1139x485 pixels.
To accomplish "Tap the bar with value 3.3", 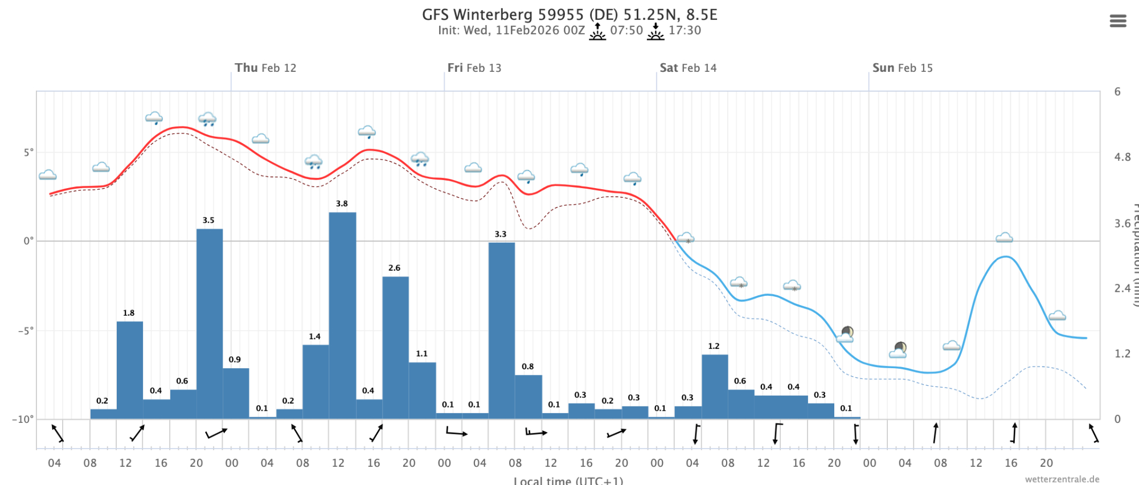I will click(502, 331).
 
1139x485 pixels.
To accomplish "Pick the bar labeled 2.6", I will click(395, 348).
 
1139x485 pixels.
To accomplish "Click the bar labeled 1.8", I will click(130, 370).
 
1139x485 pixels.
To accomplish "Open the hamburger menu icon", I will click(1118, 21).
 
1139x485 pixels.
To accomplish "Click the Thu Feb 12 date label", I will click(265, 68).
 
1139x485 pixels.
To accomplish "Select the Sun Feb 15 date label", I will click(903, 68).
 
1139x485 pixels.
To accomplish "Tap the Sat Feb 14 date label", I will click(688, 68).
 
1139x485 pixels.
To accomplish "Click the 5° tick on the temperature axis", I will click(28, 152).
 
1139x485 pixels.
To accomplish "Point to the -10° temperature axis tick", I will click(23, 419).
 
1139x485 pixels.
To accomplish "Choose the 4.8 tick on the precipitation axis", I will click(1122, 157).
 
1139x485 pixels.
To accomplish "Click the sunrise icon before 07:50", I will click(597, 31).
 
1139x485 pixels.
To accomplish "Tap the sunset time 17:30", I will click(685, 30).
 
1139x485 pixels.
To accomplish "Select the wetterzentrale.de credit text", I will click(1062, 479).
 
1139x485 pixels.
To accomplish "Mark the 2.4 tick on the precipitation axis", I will click(1122, 288).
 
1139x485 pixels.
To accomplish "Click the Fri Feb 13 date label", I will click(474, 68).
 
